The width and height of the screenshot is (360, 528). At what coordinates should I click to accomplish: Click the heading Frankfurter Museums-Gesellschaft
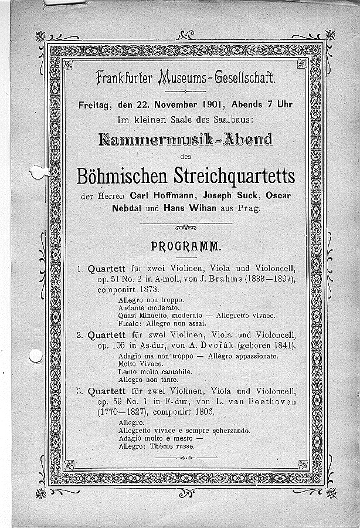point(185,77)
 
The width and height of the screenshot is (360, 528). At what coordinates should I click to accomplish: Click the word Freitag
point(94,105)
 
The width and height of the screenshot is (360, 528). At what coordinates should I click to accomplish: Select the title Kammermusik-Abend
point(186,140)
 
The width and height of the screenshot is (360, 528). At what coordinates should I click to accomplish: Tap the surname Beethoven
point(264,402)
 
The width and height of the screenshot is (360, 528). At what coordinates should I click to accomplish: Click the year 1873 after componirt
point(148,290)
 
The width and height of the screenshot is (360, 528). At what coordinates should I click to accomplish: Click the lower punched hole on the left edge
point(35,356)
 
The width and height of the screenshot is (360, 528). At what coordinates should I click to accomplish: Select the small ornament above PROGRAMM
point(186,228)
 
